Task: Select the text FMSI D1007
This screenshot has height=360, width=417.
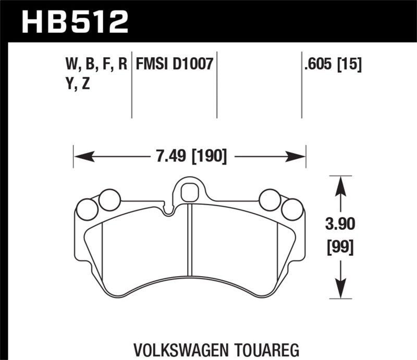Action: [x=174, y=64]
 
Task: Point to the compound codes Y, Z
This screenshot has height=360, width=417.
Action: [x=76, y=83]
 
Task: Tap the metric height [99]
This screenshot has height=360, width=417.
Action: [x=340, y=247]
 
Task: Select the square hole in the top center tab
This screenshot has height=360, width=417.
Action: [x=187, y=193]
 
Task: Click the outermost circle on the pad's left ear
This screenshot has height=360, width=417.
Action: [x=86, y=210]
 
